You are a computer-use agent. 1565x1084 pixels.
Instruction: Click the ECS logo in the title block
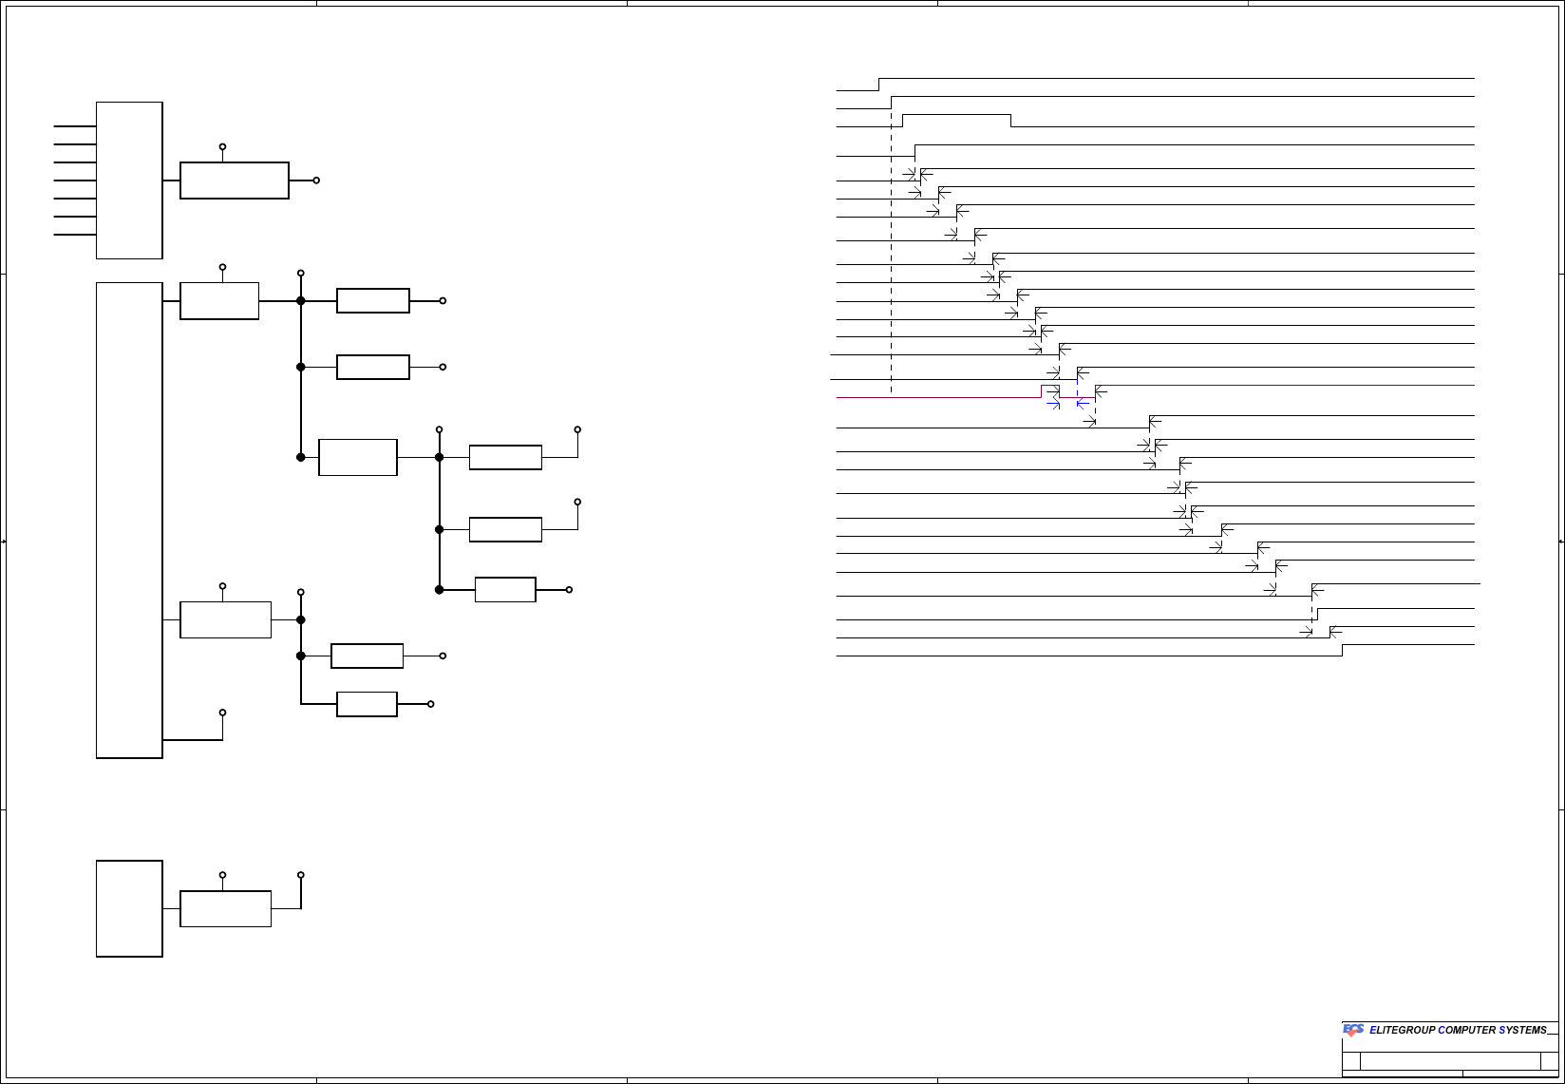point(1353,1030)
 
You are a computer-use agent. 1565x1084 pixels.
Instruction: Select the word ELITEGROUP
point(1403,1031)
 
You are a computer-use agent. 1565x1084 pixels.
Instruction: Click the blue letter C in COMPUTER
point(1442,1031)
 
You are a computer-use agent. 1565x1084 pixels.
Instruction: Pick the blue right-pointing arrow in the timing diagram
point(1053,405)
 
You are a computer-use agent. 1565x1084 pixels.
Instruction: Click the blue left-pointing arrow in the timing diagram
point(1082,405)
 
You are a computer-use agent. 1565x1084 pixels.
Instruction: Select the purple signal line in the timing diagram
point(940,397)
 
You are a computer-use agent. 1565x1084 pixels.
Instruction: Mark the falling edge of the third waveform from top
point(1011,121)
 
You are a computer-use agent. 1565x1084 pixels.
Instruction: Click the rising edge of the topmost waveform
point(879,85)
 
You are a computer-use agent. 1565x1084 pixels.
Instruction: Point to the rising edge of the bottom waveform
point(1342,651)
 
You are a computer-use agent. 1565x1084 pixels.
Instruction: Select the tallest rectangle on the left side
point(129,520)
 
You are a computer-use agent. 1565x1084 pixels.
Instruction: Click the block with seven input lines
point(129,181)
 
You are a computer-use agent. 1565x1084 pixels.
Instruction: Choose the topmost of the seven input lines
point(75,125)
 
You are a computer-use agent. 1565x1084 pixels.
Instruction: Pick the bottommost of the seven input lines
point(75,235)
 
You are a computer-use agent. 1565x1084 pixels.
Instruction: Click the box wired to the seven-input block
point(235,181)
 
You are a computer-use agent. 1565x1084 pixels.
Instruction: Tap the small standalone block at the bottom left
point(129,908)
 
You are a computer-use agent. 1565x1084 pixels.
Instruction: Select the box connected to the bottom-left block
point(225,908)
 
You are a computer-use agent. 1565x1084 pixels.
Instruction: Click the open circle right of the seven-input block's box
point(316,181)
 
